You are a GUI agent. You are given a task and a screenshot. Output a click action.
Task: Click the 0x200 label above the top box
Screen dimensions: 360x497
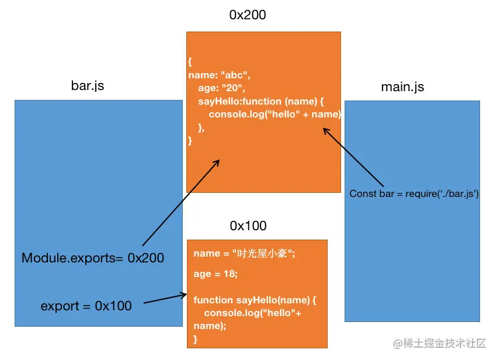coord(247,15)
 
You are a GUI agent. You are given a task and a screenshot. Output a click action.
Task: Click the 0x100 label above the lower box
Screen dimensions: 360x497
coord(248,226)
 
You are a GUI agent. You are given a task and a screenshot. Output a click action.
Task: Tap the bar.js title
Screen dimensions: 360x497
coord(87,86)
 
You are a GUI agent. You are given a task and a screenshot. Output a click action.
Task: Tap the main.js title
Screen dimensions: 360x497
coord(402,87)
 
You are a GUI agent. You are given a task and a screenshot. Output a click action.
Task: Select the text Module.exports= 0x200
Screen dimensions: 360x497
coord(93,258)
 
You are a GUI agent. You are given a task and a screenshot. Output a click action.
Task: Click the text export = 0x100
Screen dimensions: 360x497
coord(86,306)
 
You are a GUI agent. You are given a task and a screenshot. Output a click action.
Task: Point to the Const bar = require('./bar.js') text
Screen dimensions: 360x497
coord(414,193)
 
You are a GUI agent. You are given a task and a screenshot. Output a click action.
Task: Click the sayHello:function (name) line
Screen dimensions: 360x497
coord(260,102)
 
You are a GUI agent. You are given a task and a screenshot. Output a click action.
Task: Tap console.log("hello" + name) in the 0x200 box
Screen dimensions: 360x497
coord(274,115)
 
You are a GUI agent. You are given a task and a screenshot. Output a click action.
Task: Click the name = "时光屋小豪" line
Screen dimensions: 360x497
coord(245,254)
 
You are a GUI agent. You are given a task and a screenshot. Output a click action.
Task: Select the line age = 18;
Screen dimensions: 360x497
coord(216,273)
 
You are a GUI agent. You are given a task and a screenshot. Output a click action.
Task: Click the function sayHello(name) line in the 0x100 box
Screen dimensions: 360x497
coord(255,300)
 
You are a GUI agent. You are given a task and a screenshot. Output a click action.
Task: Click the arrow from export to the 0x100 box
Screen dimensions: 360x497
coord(165,299)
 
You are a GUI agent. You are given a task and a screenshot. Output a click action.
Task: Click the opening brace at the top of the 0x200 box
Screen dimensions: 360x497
coord(190,62)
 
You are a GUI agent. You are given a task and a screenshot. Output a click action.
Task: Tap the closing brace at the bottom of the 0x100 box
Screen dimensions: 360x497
coord(196,338)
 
